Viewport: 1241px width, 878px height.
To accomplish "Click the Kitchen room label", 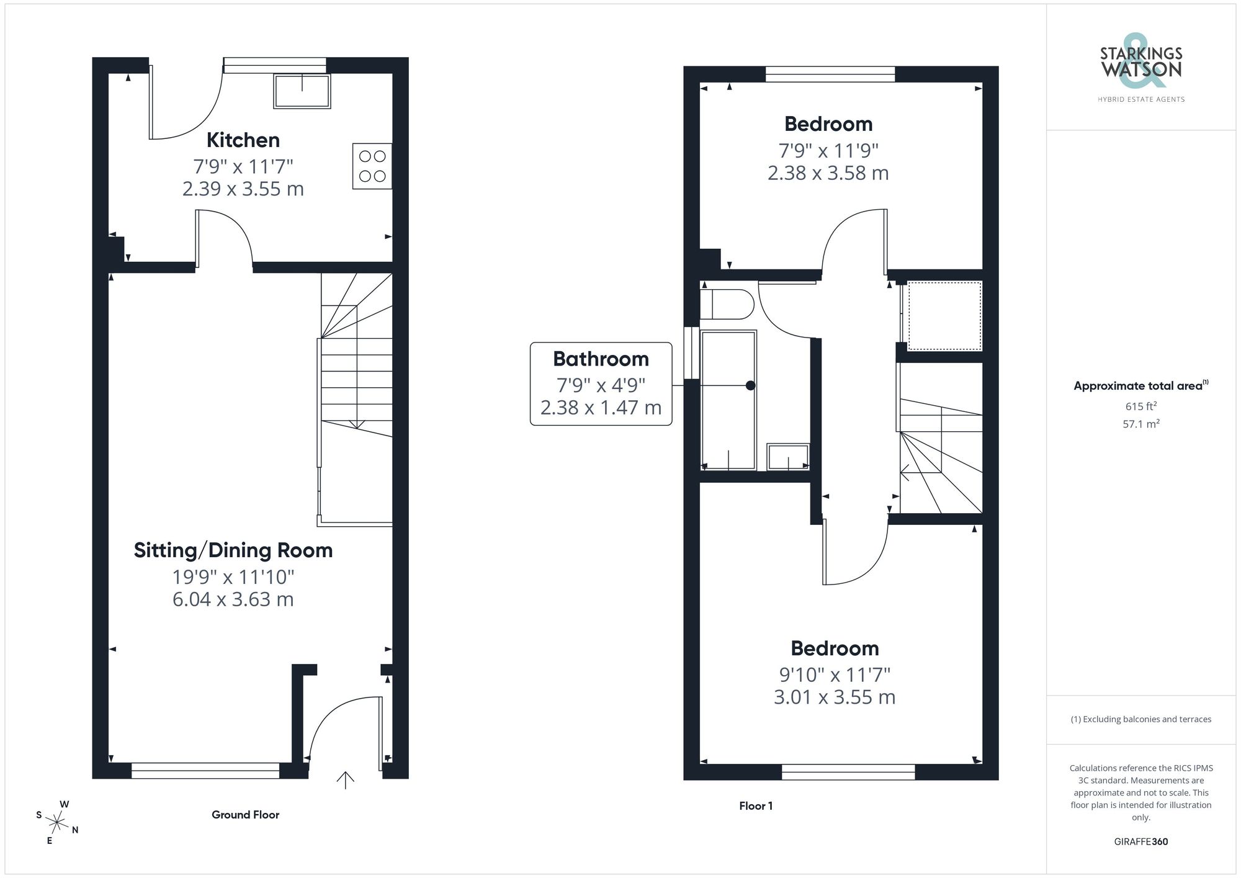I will tap(243, 140).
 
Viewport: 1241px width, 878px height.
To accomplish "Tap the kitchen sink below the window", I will tap(302, 91).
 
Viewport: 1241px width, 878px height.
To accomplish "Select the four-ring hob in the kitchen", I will tap(372, 166).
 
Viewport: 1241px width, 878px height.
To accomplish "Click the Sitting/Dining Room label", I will tap(233, 550).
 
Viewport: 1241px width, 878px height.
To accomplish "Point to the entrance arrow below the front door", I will tap(345, 780).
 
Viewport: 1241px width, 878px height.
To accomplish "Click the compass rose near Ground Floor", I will tap(57, 823).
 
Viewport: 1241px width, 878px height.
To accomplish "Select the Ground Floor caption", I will tap(245, 815).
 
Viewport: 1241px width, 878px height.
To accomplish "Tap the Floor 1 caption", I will tap(755, 806).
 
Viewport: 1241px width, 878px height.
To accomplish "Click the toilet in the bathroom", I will tap(726, 304).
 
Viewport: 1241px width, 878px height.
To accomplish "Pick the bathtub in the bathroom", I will tap(728, 400).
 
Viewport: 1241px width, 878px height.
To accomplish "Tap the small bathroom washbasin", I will tap(788, 457).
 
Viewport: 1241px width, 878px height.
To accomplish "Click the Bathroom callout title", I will tap(601, 359).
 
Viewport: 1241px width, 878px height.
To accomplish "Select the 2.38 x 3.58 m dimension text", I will tap(828, 173).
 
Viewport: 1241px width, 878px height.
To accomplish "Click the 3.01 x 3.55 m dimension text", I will tap(834, 697).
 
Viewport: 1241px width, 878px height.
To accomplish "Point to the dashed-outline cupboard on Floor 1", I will tap(944, 316).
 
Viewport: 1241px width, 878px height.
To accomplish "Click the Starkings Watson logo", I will tap(1140, 68).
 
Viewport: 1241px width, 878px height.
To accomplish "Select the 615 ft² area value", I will tap(1140, 407).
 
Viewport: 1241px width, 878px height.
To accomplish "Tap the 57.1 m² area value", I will tap(1140, 424).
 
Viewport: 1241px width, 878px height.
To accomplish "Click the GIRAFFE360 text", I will tap(1140, 842).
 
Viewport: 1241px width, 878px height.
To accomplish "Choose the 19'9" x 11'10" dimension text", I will tap(233, 577).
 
